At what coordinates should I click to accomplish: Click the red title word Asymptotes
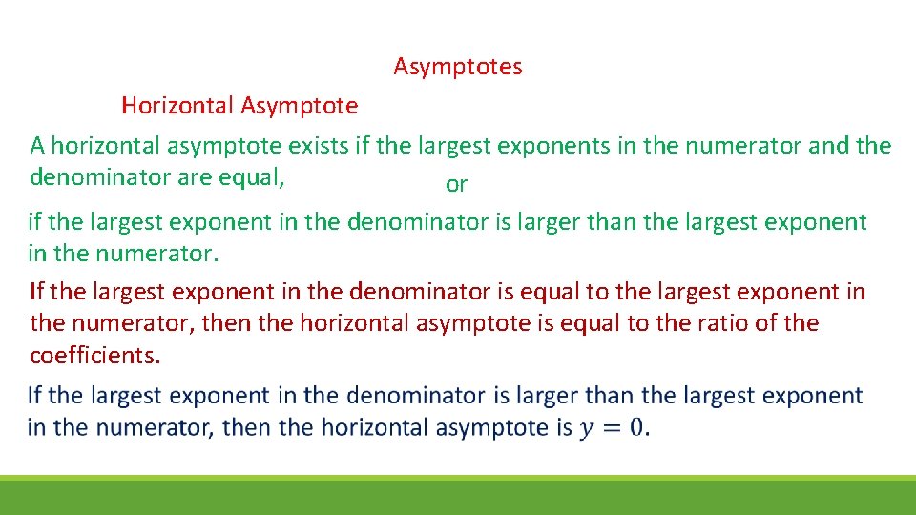458,67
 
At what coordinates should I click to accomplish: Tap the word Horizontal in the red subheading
177,106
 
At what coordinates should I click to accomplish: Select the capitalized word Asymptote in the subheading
300,106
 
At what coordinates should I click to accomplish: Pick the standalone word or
456,185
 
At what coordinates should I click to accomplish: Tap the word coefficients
95,356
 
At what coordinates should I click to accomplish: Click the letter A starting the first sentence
37,146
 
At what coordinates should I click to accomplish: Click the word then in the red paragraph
227,323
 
